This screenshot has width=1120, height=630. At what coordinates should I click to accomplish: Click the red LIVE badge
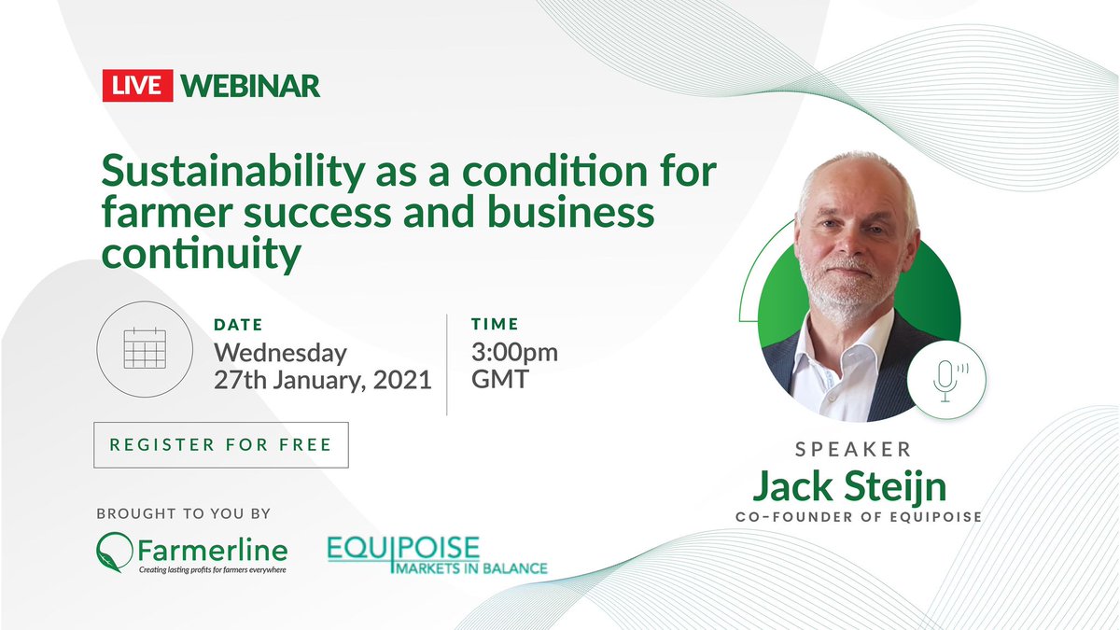click(138, 86)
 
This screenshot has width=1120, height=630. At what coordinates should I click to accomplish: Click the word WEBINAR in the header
click(250, 86)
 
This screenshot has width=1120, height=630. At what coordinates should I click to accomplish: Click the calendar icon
click(143, 352)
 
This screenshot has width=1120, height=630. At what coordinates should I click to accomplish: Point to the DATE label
click(238, 325)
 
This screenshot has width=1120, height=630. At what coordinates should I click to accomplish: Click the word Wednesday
click(280, 353)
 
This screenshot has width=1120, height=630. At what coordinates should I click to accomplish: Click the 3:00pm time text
click(515, 353)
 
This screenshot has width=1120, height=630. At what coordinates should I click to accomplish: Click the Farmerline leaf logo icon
click(115, 550)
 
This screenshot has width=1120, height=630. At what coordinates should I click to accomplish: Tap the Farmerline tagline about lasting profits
click(212, 569)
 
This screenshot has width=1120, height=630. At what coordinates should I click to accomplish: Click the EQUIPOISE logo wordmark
click(403, 547)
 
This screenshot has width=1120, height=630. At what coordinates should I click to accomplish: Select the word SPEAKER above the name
click(853, 449)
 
